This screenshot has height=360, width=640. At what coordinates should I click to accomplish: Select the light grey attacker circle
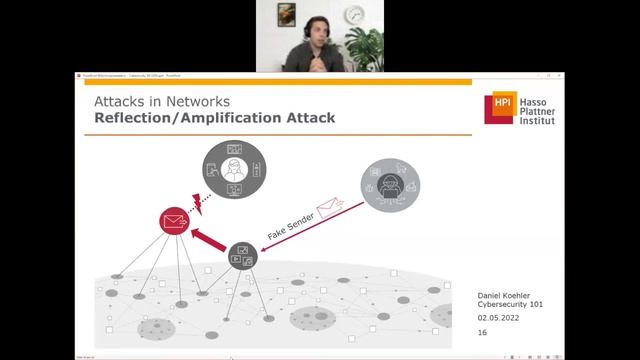tap(390, 184)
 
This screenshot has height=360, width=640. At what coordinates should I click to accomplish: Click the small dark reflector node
tap(242, 256)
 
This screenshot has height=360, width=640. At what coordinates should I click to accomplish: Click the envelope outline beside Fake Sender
tap(328, 209)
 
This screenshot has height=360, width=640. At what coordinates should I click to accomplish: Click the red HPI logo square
tap(498, 108)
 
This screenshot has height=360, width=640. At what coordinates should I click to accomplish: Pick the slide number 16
tap(483, 332)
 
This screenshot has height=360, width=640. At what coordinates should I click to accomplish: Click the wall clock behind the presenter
tap(355, 14)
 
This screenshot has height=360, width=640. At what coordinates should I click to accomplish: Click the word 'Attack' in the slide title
tap(304, 118)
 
